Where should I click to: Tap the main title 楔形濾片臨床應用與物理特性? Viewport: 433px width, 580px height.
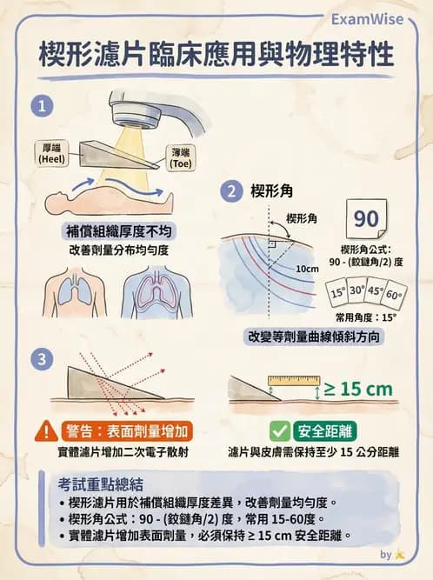click(x=216, y=55)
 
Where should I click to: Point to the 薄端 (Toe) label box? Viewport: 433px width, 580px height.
click(x=180, y=157)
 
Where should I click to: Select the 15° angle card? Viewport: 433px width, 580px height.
click(x=337, y=294)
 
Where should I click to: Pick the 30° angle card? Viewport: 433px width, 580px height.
click(x=357, y=290)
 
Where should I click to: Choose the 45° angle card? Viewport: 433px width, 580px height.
click(x=376, y=291)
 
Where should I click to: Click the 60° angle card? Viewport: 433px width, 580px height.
click(x=396, y=295)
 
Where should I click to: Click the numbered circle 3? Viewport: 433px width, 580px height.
click(x=42, y=358)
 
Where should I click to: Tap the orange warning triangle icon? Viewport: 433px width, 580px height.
click(x=46, y=430)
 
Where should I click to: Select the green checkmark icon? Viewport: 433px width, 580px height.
click(x=280, y=430)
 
